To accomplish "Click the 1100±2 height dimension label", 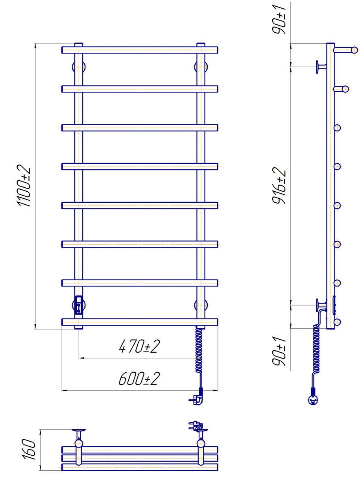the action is pos(23,185).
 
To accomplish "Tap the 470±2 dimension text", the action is pos(139,346).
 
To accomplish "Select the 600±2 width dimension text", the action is pos(139,379).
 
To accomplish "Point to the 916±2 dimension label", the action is pos(279,186).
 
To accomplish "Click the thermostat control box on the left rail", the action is pos(79,305).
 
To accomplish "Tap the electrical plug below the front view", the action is pos(196,399).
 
